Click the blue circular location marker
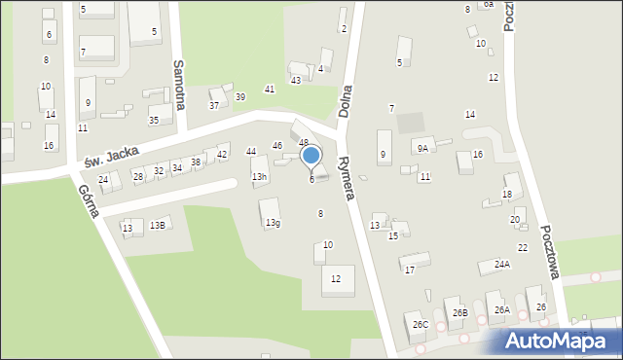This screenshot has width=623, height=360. click(x=311, y=155)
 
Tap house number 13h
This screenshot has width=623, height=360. click(x=259, y=177)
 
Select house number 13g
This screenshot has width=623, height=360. click(x=273, y=223)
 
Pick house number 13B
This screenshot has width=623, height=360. click(x=158, y=226)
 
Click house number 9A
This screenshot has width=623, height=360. click(x=421, y=148)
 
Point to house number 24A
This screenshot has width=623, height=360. click(x=502, y=264)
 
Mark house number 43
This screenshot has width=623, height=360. click(x=296, y=80)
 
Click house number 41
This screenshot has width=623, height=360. click(x=270, y=90)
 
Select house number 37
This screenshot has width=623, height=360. click(x=214, y=105)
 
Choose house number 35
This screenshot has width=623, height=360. click(x=154, y=121)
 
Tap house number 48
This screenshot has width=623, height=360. click(x=303, y=143)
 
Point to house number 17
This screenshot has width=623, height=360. click(x=410, y=270)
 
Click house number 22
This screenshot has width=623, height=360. click(x=523, y=248)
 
